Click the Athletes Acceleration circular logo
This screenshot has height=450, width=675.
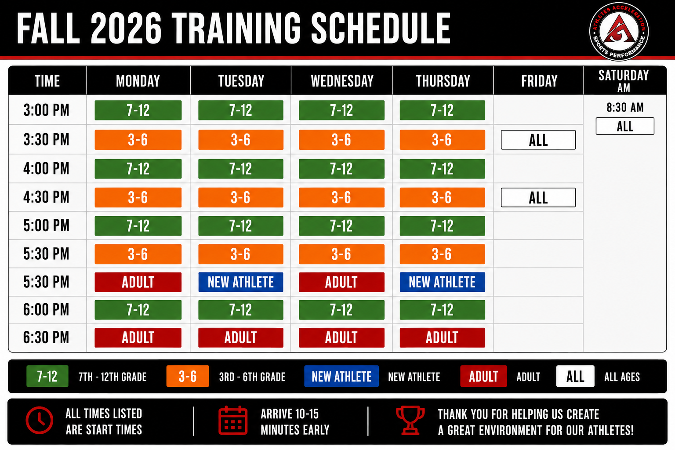(x=619, y=31)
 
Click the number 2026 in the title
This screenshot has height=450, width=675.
(x=126, y=29)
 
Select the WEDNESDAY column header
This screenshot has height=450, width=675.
(x=342, y=81)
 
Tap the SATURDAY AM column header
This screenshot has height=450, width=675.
(x=624, y=81)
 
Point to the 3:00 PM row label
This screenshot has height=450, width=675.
(x=47, y=110)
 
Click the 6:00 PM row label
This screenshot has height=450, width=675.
(x=47, y=309)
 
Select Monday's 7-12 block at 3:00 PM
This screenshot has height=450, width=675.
(x=138, y=110)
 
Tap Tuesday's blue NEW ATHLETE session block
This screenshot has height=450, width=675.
(x=241, y=282)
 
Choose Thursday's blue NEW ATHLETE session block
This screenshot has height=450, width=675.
(x=443, y=282)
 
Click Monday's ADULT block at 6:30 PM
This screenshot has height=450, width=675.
(x=138, y=337)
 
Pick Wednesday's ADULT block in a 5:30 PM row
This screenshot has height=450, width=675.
(x=342, y=282)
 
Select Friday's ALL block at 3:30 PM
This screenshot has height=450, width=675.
(x=538, y=140)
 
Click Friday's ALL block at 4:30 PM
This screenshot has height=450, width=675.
(x=538, y=197)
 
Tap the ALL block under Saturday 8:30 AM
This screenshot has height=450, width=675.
(x=625, y=126)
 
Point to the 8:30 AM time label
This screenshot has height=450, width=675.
(x=625, y=107)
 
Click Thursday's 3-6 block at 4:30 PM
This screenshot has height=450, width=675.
(x=443, y=197)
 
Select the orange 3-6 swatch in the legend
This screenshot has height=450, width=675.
(x=188, y=376)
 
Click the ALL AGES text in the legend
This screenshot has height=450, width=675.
(x=622, y=377)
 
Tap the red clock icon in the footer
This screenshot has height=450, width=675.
(x=40, y=420)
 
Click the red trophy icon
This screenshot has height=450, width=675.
(x=410, y=420)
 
